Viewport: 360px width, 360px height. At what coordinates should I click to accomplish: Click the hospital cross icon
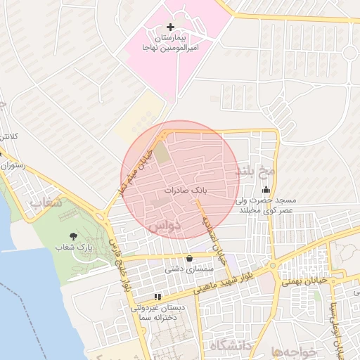point(170,27)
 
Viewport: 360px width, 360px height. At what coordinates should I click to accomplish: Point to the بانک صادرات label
point(187,191)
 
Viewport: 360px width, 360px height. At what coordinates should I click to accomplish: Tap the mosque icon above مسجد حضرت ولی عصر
point(266,189)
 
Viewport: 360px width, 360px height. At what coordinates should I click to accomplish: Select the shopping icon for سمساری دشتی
point(188,257)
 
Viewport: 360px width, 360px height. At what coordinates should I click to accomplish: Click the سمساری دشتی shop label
point(184,269)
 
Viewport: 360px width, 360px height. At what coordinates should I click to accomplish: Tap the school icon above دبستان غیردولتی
point(157,297)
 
